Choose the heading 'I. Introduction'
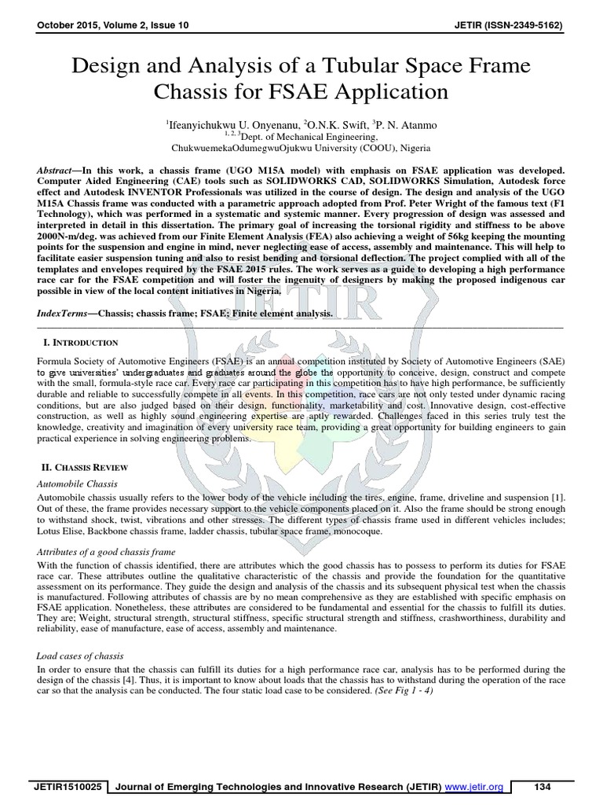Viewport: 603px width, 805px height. click(82, 343)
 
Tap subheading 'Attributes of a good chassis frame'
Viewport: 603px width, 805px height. click(107, 553)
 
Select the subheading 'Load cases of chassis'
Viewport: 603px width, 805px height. click(81, 655)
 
